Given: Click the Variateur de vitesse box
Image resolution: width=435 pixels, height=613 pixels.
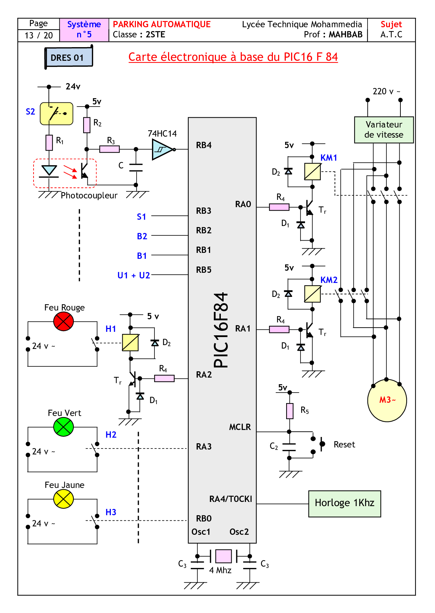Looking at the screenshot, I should [x=384, y=130].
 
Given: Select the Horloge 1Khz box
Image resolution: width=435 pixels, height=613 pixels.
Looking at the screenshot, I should [x=345, y=503].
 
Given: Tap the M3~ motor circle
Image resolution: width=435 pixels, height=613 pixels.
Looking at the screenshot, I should [x=387, y=400].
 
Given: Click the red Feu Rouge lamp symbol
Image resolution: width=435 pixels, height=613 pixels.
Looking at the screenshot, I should [x=64, y=321].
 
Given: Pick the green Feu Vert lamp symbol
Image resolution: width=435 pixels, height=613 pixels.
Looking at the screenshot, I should [x=64, y=427].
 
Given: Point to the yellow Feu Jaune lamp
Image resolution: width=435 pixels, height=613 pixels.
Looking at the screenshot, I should [x=64, y=499].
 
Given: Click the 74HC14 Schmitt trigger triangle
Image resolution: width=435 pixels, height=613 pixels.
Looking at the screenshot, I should [x=162, y=149].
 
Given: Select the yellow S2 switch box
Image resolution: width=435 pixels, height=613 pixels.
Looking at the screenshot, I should [x=57, y=114].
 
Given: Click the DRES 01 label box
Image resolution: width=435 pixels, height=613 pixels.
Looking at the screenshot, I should [x=68, y=58].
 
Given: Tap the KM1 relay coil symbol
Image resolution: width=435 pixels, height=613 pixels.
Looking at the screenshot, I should [x=312, y=172].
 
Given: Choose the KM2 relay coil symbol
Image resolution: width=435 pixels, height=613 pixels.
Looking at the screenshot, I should [x=312, y=294].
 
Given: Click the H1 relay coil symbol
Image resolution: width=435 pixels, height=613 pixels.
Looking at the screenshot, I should [x=130, y=343].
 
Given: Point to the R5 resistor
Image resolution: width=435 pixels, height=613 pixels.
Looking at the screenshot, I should [x=290, y=411].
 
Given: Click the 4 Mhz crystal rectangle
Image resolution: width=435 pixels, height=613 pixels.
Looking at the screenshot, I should [x=223, y=556].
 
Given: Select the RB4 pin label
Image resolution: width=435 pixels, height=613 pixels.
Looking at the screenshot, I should [x=204, y=145].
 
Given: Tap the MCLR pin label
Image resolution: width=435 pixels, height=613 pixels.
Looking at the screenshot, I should [x=240, y=427].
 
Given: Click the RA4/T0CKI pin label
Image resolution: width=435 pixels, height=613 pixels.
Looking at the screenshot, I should [x=231, y=499].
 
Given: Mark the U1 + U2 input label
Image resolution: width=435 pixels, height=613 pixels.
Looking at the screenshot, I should [x=133, y=275].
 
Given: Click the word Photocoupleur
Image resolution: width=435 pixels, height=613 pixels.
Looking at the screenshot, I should [x=89, y=196].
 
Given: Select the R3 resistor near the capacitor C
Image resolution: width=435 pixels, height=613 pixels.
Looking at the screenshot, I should [x=109, y=149].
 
